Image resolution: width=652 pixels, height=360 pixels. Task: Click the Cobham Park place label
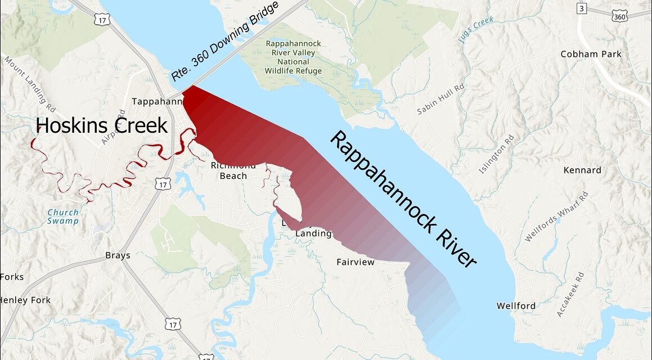pyautogui.click(x=591, y=54)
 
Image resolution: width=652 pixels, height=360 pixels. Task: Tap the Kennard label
pyautogui.click(x=582, y=170)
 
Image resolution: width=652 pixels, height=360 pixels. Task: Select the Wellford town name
pyautogui.click(x=516, y=306)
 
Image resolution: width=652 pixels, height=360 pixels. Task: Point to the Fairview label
pyautogui.click(x=355, y=262)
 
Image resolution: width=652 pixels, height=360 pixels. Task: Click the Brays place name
pyautogui.click(x=118, y=255)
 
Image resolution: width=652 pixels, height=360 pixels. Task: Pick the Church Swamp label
pyautogui.click(x=63, y=217)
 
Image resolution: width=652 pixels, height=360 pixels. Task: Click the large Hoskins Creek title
pyautogui.click(x=101, y=125)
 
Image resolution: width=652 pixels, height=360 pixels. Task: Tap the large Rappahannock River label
pyautogui.click(x=403, y=199)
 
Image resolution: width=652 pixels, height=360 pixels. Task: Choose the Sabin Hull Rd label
pyautogui.click(x=440, y=99)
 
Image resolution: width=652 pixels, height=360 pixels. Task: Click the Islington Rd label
pyautogui.click(x=497, y=154)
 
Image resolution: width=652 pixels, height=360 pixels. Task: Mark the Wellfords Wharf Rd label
pyautogui.click(x=556, y=217)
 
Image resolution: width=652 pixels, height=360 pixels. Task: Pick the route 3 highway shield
pyautogui.click(x=581, y=8)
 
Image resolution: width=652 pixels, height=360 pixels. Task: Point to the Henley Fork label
pyautogui.click(x=25, y=300)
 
